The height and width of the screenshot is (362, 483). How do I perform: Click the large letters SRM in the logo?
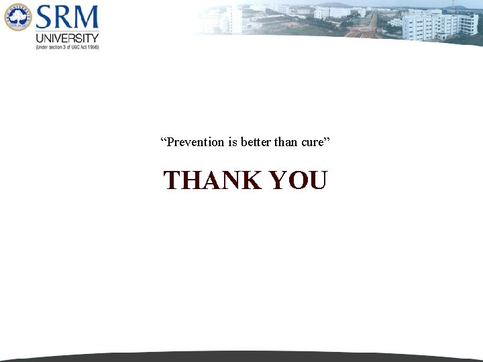click(x=68, y=18)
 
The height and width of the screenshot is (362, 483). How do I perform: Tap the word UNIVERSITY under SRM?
click(x=67, y=38)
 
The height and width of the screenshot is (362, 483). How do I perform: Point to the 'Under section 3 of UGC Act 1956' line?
click(x=67, y=48)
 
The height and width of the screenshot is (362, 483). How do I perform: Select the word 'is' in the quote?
click(x=234, y=142)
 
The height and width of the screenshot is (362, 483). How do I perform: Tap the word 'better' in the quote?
click(x=256, y=142)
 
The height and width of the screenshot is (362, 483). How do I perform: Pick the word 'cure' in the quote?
click(x=312, y=142)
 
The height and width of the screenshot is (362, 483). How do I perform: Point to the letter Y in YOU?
click(x=278, y=180)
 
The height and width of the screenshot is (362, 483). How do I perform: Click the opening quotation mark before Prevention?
click(x=163, y=140)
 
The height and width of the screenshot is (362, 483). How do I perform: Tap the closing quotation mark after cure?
click(x=327, y=140)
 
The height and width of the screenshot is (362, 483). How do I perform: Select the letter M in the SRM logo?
click(x=86, y=18)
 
